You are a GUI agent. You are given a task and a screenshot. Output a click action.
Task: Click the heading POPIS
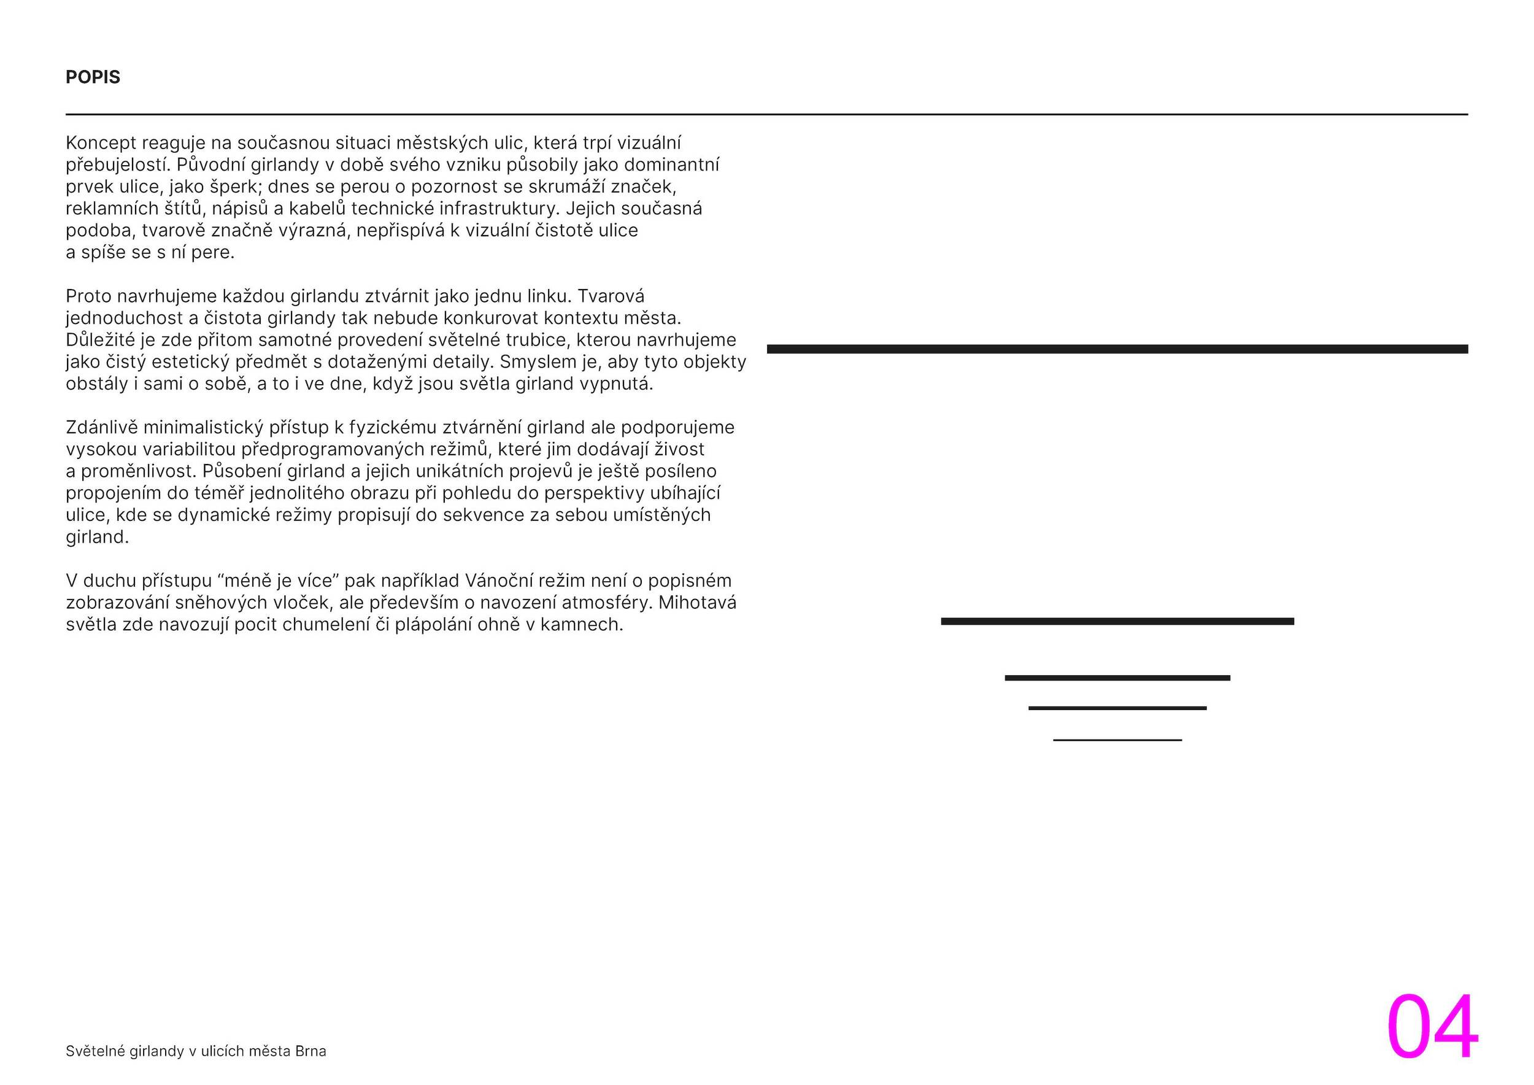click(x=93, y=77)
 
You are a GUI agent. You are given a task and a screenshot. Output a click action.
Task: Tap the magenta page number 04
click(x=1432, y=1027)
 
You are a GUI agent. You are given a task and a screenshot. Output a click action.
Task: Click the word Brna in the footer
click(x=310, y=1051)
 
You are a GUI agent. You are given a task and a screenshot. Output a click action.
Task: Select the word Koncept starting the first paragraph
click(x=100, y=143)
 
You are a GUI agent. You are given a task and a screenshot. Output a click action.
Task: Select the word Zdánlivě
click(x=102, y=428)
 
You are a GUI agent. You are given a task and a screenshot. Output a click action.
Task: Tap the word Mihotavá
click(x=697, y=603)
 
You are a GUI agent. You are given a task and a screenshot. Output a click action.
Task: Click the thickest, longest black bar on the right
click(x=1117, y=349)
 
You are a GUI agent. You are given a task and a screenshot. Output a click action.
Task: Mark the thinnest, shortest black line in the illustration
click(x=1117, y=739)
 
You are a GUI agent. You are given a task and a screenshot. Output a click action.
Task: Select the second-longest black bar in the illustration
click(x=1117, y=621)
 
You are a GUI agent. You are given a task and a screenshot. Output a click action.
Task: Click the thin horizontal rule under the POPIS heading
click(x=766, y=114)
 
